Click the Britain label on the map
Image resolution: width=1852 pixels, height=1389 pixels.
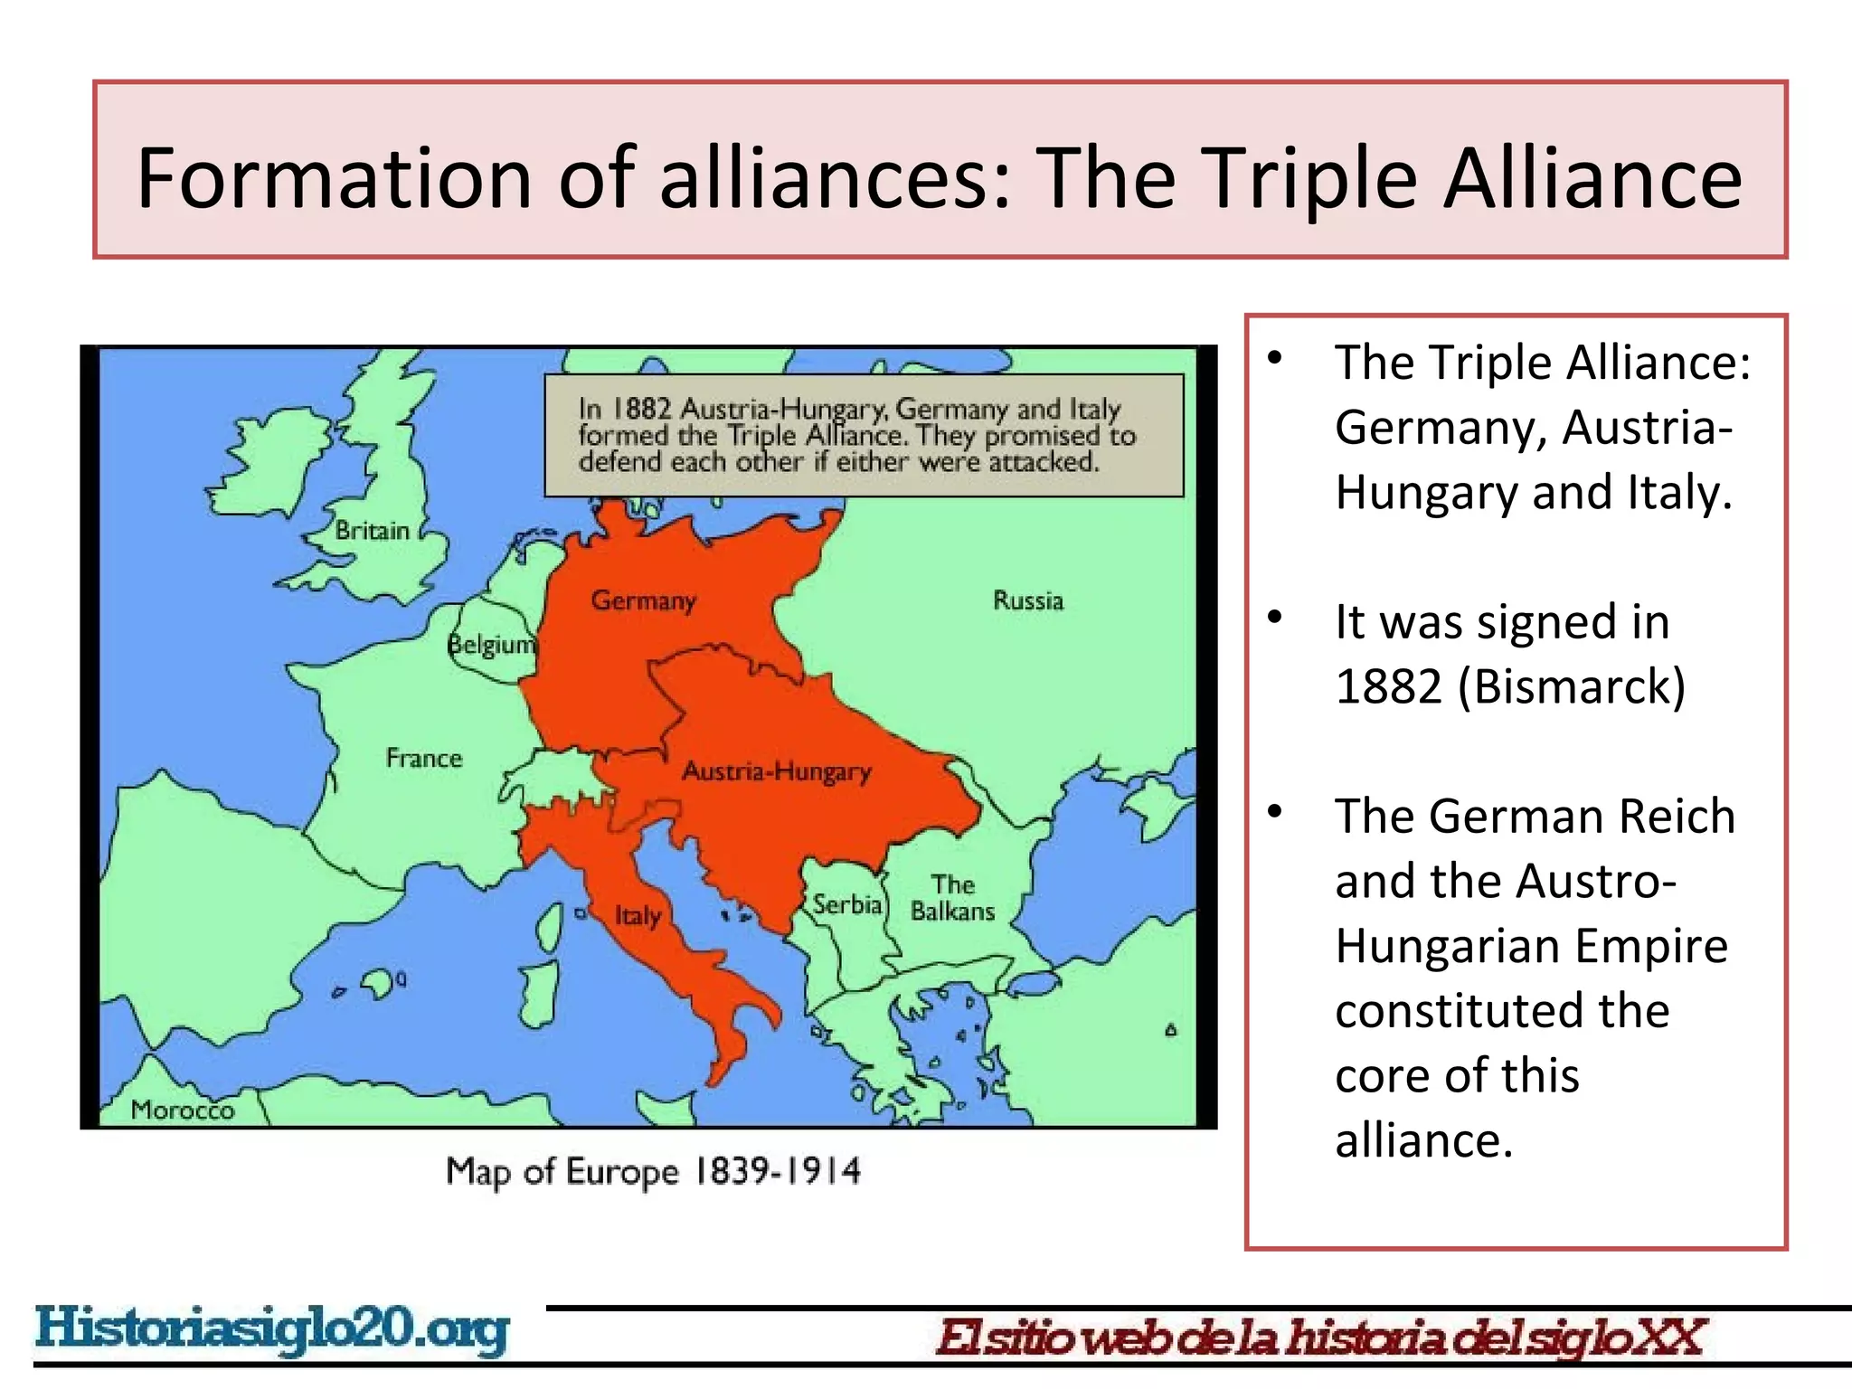(x=372, y=531)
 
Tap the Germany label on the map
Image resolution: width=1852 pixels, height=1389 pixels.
(x=643, y=601)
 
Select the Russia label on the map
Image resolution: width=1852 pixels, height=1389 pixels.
(x=1028, y=601)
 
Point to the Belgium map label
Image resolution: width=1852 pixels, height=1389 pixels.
(x=492, y=646)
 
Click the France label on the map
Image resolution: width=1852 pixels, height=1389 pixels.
(x=423, y=758)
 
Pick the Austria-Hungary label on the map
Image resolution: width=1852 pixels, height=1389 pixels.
(x=776, y=772)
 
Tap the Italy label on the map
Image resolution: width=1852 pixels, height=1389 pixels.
(x=638, y=916)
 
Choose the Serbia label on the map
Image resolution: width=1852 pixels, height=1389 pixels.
(x=846, y=904)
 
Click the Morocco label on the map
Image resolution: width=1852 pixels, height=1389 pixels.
(x=182, y=1110)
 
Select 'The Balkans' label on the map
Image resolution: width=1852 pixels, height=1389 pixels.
(x=952, y=898)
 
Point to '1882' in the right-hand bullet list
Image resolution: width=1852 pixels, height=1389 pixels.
(x=1388, y=686)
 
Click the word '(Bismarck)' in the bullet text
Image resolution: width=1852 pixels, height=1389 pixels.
(x=1572, y=686)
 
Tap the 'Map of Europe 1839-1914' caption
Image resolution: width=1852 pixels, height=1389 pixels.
(x=653, y=1172)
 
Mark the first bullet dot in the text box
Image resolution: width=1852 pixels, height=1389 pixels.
(x=1275, y=358)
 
